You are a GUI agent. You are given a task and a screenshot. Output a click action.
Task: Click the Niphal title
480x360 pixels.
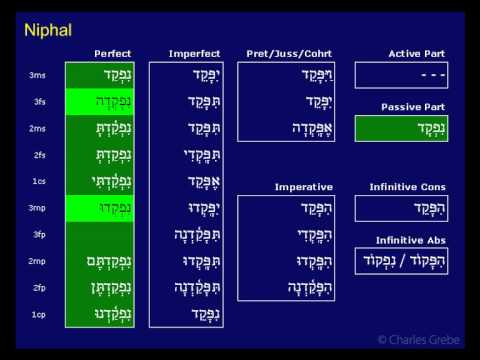point(47,31)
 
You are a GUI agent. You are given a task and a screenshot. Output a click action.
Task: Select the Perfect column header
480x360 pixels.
point(112,53)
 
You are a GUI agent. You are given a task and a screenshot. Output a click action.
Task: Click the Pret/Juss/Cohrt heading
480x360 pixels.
point(284,53)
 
